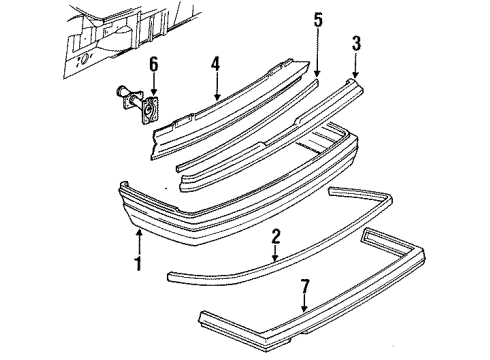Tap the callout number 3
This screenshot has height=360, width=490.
click(x=354, y=43)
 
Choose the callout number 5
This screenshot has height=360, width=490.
click(x=318, y=20)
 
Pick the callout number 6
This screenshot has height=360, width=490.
click(x=153, y=65)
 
